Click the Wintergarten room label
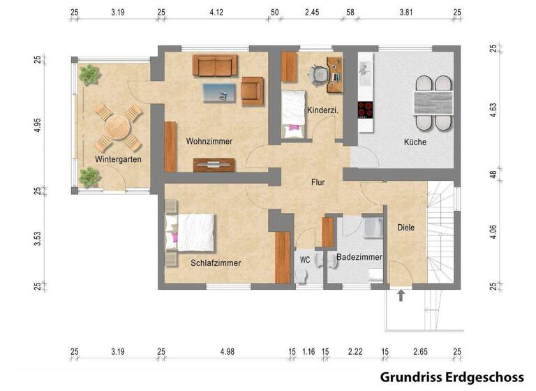tap(118, 159)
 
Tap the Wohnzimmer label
tap(209, 141)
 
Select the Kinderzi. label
tap(322, 110)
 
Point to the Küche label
tap(415, 142)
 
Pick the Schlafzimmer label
tap(216, 263)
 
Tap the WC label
tap(304, 260)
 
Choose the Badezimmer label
tap(359, 257)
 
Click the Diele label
tap(405, 227)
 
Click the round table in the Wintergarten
tap(117, 128)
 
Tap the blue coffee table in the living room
tap(220, 91)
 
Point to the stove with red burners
tap(365, 110)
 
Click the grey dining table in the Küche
tap(433, 103)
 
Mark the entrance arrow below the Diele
tap(401, 295)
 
